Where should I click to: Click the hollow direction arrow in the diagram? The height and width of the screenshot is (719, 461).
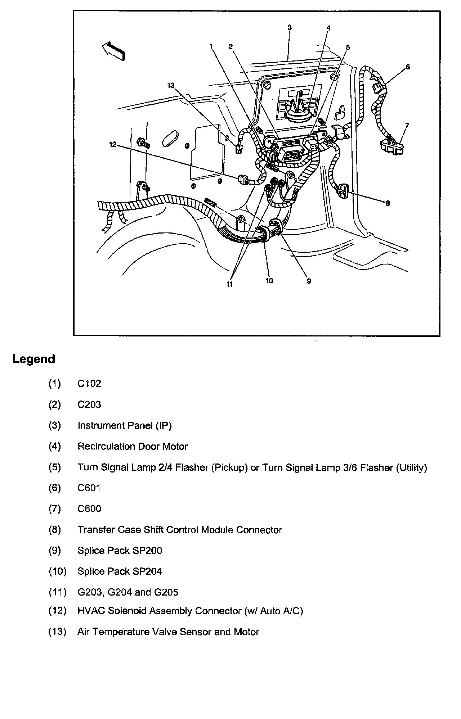(x=114, y=50)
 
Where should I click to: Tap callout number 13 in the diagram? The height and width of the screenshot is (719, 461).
(x=171, y=85)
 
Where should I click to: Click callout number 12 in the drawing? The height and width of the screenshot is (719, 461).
(x=113, y=144)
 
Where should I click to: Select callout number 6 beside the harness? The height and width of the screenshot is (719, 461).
(x=408, y=67)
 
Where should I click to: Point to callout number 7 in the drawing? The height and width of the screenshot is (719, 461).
(x=407, y=125)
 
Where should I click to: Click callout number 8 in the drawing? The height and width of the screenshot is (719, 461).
(x=388, y=203)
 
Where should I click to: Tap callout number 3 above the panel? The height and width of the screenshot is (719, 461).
(x=290, y=27)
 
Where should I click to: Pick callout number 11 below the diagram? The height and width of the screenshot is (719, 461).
(x=229, y=284)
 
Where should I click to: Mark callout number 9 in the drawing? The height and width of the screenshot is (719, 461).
(x=309, y=281)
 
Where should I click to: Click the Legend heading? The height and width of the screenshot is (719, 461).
(x=34, y=359)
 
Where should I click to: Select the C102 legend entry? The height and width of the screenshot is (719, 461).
(x=89, y=384)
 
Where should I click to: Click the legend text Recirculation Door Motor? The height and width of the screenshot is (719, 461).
(x=133, y=447)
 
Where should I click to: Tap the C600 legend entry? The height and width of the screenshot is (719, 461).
(x=89, y=509)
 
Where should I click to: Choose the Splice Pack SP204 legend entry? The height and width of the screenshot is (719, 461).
(x=120, y=571)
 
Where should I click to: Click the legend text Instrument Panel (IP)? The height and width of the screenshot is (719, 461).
(x=125, y=426)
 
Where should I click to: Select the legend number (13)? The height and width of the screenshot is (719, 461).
(x=58, y=632)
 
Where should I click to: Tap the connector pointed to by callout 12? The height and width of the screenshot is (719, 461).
(x=243, y=179)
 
